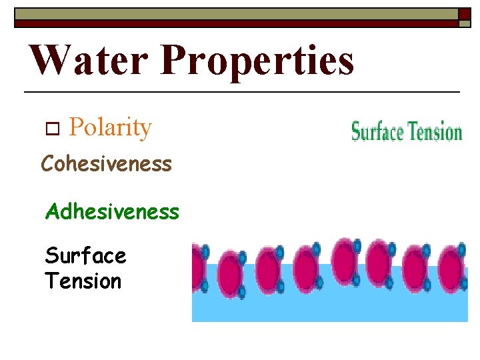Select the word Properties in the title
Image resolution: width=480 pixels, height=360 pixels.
pyautogui.click(x=257, y=61)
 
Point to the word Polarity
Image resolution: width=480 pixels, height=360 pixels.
pyautogui.click(x=110, y=127)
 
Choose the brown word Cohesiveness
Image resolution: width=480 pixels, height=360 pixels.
pyautogui.click(x=107, y=163)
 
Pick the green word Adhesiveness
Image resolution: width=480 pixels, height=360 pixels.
pyautogui.click(x=112, y=211)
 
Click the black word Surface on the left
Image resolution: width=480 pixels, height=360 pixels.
pyautogui.click(x=85, y=255)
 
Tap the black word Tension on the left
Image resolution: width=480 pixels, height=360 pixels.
pyautogui.click(x=83, y=281)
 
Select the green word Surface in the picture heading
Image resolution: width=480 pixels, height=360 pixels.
pyautogui.click(x=378, y=132)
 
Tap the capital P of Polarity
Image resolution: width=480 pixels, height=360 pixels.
pyautogui.click(x=75, y=127)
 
